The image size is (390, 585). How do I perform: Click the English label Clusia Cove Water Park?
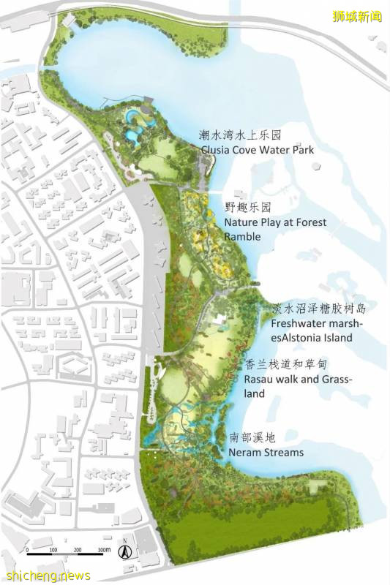coord(258,150)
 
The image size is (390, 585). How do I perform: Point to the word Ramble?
coord(242,237)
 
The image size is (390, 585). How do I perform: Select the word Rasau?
coord(261,380)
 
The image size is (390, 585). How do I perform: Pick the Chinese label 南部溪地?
coord(252,439)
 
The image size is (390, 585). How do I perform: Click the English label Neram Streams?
coord(265,453)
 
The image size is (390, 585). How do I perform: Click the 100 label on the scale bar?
coord(53,550)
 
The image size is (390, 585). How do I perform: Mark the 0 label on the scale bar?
coord(27,550)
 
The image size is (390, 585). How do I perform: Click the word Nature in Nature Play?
coord(241,222)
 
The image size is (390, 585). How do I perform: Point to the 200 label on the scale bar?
coord(78,550)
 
